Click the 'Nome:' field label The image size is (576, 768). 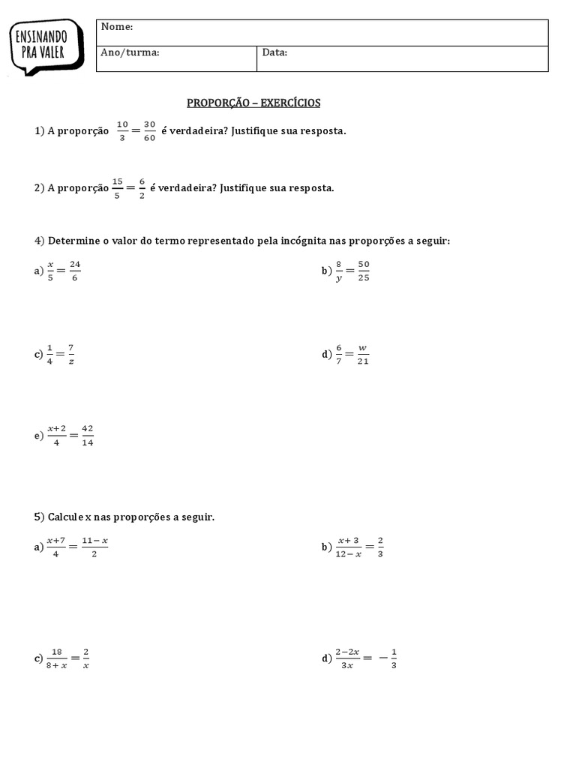coord(117,27)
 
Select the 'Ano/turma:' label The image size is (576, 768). coord(130,52)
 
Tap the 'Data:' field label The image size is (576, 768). coord(274,52)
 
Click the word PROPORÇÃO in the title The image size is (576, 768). coord(214,103)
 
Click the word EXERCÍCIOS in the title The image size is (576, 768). coord(290,103)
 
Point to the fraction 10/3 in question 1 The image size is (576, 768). coord(123,130)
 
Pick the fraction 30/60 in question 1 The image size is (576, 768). coord(149,130)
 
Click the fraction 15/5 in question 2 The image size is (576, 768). coord(117,187)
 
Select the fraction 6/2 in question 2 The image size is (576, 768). coord(142,187)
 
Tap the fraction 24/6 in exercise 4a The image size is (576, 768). coord(73,271)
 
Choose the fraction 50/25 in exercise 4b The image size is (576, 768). coord(364,271)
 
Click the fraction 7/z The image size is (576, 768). coord(70,354)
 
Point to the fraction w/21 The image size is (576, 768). coord(363,354)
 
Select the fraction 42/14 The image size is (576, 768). coord(87,436)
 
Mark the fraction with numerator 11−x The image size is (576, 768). coord(94,547)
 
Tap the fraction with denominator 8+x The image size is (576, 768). coord(57,658)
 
